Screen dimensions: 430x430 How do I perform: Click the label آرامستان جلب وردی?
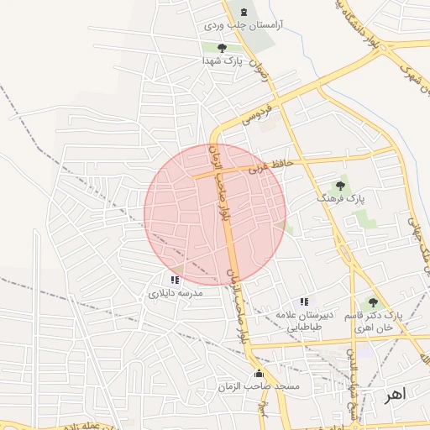pos(244,27)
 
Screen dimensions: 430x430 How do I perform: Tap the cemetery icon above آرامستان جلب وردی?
pos(244,12)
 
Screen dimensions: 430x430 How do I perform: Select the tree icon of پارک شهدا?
pos(222,48)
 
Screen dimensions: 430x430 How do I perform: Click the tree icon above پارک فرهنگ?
pos(340,185)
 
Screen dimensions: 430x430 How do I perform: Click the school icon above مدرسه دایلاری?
pos(174,279)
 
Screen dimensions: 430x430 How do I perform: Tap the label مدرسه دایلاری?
pos(174,293)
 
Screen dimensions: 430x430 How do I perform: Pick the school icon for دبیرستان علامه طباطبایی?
pos(304,302)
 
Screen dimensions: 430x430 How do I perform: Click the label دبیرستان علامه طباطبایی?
pos(307,320)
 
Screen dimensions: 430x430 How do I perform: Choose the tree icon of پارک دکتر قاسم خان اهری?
pos(373,302)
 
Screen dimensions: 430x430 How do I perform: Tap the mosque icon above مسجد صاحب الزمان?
pos(258,374)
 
